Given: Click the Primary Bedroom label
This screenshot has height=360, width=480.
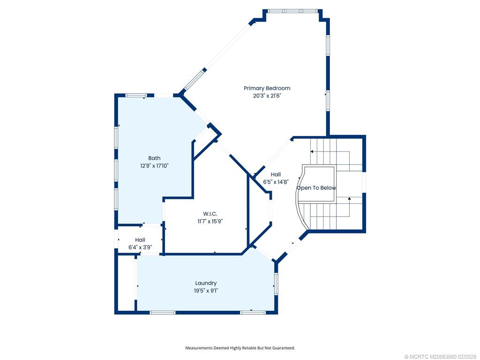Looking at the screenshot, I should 267,88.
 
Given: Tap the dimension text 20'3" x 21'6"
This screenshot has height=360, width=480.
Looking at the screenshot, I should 267,96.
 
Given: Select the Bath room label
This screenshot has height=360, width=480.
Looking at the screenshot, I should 154,158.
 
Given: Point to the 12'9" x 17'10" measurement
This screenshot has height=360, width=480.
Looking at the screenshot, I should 154,165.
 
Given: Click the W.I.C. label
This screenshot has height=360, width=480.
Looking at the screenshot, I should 210,214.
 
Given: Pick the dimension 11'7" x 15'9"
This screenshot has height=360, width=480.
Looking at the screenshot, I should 210,221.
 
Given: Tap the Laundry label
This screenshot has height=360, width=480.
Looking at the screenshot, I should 206,283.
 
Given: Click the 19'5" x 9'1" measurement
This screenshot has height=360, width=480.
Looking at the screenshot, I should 206,291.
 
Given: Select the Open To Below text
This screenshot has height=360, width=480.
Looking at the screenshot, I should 316,187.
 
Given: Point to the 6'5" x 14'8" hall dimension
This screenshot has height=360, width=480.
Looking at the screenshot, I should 276,182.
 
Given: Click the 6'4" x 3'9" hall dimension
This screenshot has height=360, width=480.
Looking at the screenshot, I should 140,247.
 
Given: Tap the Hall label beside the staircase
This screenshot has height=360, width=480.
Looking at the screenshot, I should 276,174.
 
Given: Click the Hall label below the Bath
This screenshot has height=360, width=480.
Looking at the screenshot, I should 140,240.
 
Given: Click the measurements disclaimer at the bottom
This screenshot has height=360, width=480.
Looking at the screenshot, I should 240,348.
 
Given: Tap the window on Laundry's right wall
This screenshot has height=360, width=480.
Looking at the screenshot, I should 276,284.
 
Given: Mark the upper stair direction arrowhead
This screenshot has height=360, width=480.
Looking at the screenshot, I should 312,151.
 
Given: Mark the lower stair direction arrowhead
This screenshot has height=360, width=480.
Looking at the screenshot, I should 349,199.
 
